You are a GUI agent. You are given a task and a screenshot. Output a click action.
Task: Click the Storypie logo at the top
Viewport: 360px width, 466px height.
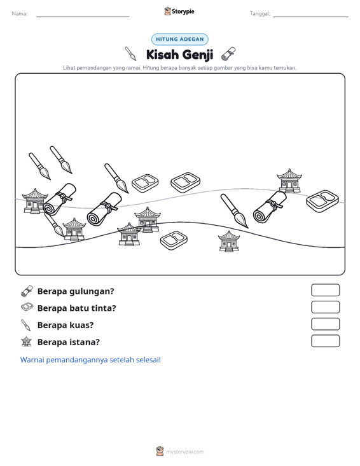click(179, 11)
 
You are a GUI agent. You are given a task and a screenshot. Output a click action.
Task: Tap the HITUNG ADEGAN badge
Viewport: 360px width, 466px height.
click(179, 39)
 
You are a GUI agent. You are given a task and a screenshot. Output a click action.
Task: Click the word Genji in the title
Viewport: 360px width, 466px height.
click(197, 55)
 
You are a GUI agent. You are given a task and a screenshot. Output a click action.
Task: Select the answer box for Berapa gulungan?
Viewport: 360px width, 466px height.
click(325, 290)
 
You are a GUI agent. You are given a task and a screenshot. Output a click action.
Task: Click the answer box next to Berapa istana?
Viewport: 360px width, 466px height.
click(325, 341)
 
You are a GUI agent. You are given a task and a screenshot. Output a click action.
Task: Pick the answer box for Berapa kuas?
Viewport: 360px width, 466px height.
click(325, 324)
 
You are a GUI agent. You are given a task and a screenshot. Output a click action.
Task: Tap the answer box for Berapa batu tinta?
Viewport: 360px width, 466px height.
click(325, 307)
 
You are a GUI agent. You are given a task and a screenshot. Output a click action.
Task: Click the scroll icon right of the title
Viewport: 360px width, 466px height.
click(228, 54)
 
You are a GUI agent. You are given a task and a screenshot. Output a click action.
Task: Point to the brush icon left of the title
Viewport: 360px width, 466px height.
click(130, 53)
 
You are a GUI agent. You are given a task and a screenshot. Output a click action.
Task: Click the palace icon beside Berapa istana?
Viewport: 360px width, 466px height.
click(27, 341)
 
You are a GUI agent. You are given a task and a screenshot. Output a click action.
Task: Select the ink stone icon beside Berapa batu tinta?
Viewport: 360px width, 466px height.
click(27, 307)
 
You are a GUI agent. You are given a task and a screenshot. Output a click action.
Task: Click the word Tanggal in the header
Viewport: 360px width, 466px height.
click(260, 14)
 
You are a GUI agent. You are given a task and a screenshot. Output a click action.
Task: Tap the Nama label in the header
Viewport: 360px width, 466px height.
click(19, 14)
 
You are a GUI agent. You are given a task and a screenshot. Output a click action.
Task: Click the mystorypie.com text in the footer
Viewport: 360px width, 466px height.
click(184, 452)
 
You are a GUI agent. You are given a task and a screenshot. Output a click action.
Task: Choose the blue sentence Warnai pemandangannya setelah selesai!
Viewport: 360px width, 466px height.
click(90, 360)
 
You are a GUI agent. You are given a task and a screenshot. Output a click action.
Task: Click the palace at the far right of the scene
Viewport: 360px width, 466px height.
click(289, 181)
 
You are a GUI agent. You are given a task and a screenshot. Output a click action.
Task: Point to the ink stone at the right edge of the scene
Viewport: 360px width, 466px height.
click(322, 201)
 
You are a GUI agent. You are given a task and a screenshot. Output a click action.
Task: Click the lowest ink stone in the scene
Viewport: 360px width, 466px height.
click(174, 240)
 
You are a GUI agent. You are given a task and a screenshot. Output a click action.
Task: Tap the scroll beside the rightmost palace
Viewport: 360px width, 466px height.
click(270, 207)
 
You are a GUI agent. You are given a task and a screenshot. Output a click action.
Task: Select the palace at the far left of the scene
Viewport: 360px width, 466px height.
click(35, 201)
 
